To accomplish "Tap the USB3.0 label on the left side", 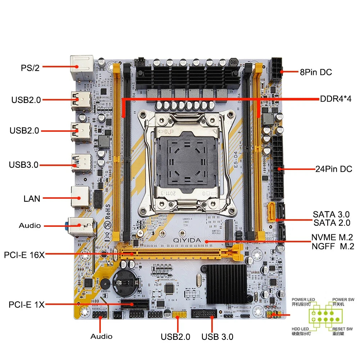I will point(23,165).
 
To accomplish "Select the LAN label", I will point(32,198).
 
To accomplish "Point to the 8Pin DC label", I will point(316,72).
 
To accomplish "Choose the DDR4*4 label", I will point(335,99).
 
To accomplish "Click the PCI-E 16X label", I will point(24,255).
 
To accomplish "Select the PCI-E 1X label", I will point(27,305).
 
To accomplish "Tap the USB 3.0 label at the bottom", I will point(217,337).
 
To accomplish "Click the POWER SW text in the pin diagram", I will point(342,300).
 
